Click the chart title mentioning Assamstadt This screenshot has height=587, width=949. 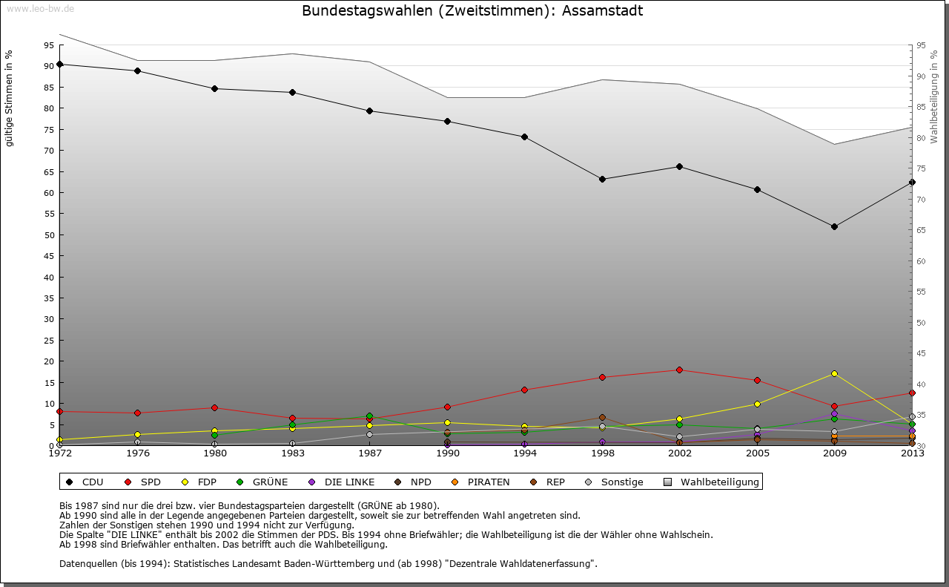[x=472, y=11]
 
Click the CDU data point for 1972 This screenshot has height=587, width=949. [x=59, y=65]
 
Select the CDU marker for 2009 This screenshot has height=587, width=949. [x=834, y=226]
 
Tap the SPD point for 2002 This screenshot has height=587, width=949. [x=679, y=370]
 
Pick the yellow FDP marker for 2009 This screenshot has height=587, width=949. [x=834, y=373]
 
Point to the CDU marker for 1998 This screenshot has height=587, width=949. [x=602, y=179]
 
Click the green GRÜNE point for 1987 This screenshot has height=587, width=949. [x=369, y=416]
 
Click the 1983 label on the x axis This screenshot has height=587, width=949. [x=292, y=453]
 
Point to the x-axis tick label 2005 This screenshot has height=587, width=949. [x=756, y=453]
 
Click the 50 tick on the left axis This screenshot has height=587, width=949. [x=49, y=235]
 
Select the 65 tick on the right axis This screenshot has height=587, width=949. [x=922, y=231]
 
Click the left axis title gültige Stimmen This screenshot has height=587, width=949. [x=10, y=99]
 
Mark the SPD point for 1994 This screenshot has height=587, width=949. [x=524, y=390]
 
